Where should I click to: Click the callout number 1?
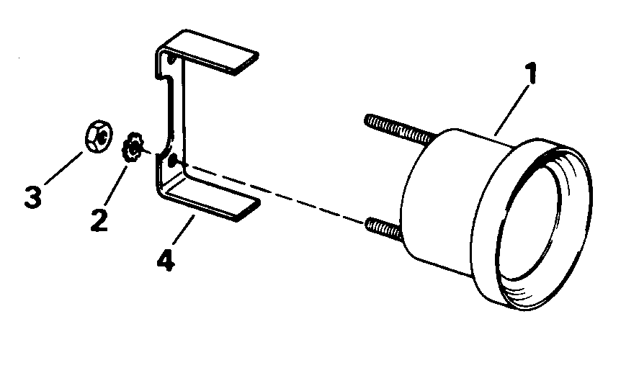pyautogui.click(x=532, y=76)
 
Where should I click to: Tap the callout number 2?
pyautogui.click(x=99, y=219)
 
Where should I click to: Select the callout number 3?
pyautogui.click(x=32, y=197)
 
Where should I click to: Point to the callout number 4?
pyautogui.click(x=166, y=258)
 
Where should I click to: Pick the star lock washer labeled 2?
pyautogui.click(x=134, y=148)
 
